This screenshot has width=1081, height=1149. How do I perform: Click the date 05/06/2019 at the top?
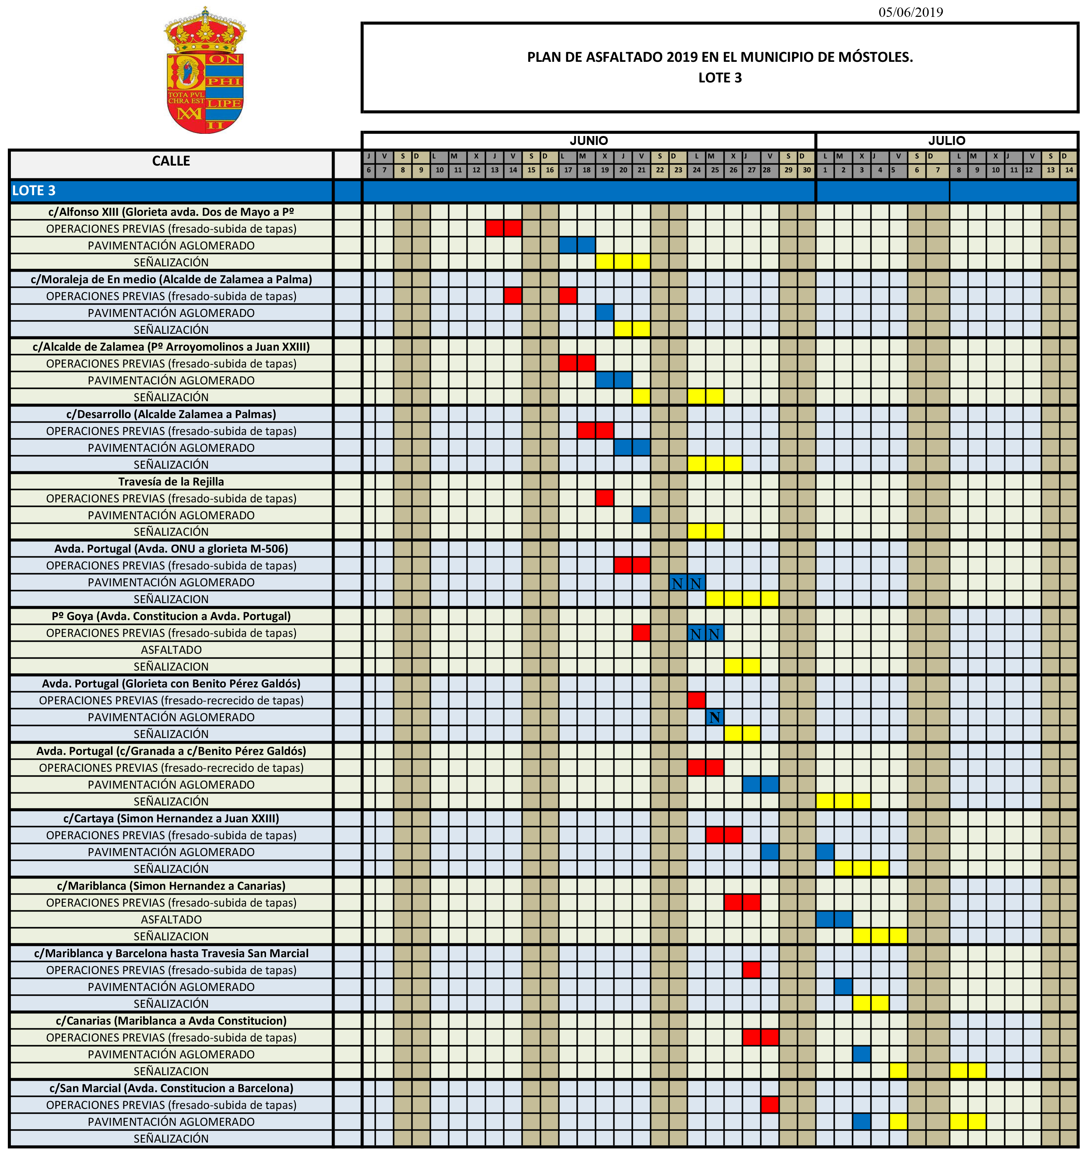click(x=911, y=12)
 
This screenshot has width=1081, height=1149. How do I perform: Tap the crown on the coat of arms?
click(x=205, y=32)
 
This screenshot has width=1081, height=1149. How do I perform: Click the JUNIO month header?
click(x=589, y=140)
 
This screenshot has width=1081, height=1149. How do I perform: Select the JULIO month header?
click(x=946, y=140)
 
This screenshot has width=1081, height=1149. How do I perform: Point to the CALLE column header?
click(x=171, y=161)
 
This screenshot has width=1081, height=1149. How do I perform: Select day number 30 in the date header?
click(x=806, y=170)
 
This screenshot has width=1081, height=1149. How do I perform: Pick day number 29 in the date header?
click(x=788, y=170)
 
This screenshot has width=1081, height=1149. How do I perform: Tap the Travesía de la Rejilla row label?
click(x=171, y=481)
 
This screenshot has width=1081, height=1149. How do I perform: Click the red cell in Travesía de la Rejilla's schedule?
click(x=605, y=498)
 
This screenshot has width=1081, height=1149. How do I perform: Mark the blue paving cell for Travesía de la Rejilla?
click(x=641, y=515)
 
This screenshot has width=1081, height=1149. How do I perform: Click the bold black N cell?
click(x=715, y=717)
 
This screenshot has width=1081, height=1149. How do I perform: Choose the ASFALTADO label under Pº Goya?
click(x=171, y=650)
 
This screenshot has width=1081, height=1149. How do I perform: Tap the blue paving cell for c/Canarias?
click(x=861, y=1054)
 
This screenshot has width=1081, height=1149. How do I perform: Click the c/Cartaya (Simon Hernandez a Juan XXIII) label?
click(x=171, y=819)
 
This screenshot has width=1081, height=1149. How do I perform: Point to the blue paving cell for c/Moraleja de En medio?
click(x=605, y=313)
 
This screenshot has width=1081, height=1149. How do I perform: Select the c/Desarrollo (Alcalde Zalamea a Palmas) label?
click(x=171, y=414)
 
